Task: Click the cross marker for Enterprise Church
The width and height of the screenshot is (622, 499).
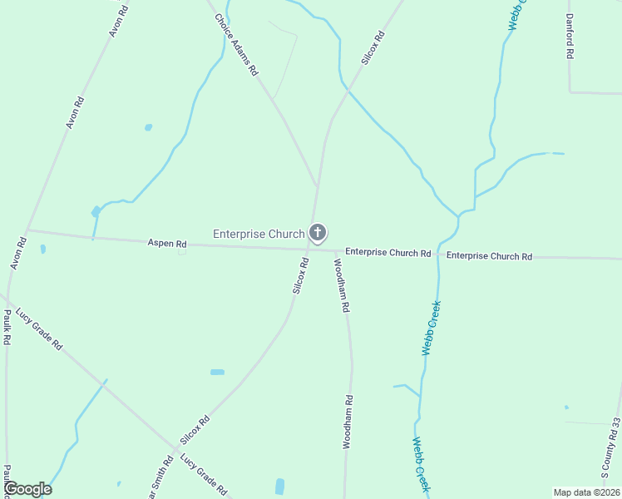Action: click(x=317, y=233)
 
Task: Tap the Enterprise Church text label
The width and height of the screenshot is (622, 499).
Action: click(x=259, y=234)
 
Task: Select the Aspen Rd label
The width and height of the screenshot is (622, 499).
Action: click(x=166, y=244)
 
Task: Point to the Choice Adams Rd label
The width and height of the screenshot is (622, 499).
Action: click(x=237, y=46)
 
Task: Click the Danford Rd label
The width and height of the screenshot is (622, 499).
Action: click(x=570, y=36)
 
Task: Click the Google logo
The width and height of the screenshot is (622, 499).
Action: click(x=28, y=489)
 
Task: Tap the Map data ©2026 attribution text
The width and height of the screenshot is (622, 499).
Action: click(x=585, y=492)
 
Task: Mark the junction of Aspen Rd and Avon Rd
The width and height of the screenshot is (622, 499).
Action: click(x=27, y=230)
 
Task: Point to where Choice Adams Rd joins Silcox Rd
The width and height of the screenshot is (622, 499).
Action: click(x=317, y=185)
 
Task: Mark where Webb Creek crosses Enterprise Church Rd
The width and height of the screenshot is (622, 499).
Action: click(x=438, y=254)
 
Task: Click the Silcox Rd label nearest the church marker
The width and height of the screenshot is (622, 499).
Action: click(x=300, y=275)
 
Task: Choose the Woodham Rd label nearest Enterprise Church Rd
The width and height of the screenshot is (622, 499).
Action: click(x=342, y=285)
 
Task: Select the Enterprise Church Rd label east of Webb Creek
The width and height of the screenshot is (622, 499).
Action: click(x=489, y=256)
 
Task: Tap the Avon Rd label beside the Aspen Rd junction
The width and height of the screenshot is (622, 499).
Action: click(x=18, y=254)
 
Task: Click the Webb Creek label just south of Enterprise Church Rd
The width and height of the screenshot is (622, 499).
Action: click(x=430, y=328)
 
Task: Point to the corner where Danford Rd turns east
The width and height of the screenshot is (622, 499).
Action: click(x=570, y=91)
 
